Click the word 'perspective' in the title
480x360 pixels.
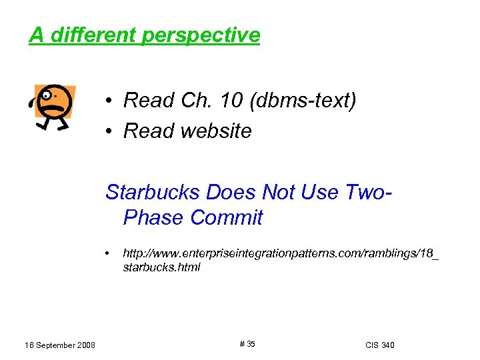pos(201,35)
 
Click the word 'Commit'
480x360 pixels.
pos(227,218)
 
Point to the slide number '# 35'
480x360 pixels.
pos(246,344)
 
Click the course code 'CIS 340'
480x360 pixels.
pos(380,345)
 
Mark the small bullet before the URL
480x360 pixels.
pos(108,255)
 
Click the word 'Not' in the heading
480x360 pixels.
pos(279,192)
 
